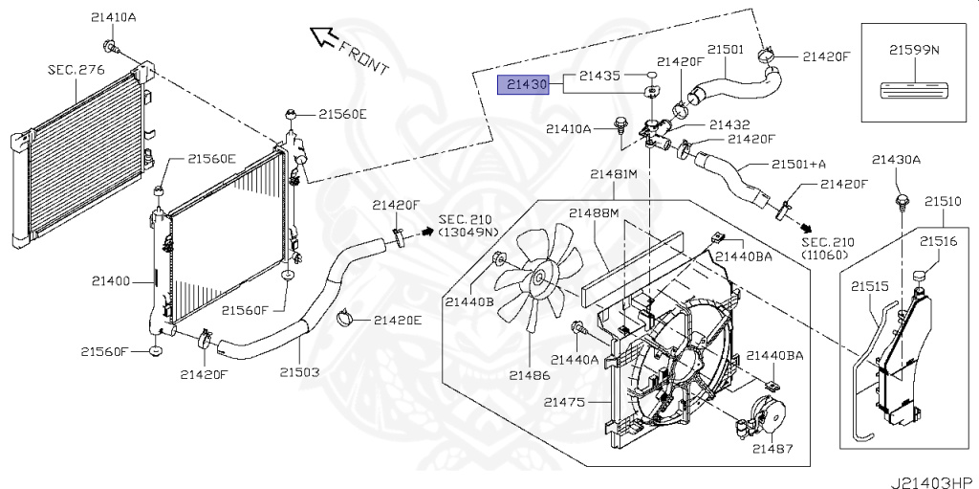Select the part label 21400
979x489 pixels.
112,281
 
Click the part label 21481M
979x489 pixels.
613,174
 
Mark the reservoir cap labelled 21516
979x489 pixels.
921,277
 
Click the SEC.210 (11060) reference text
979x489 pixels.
830,249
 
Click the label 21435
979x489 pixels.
598,75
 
